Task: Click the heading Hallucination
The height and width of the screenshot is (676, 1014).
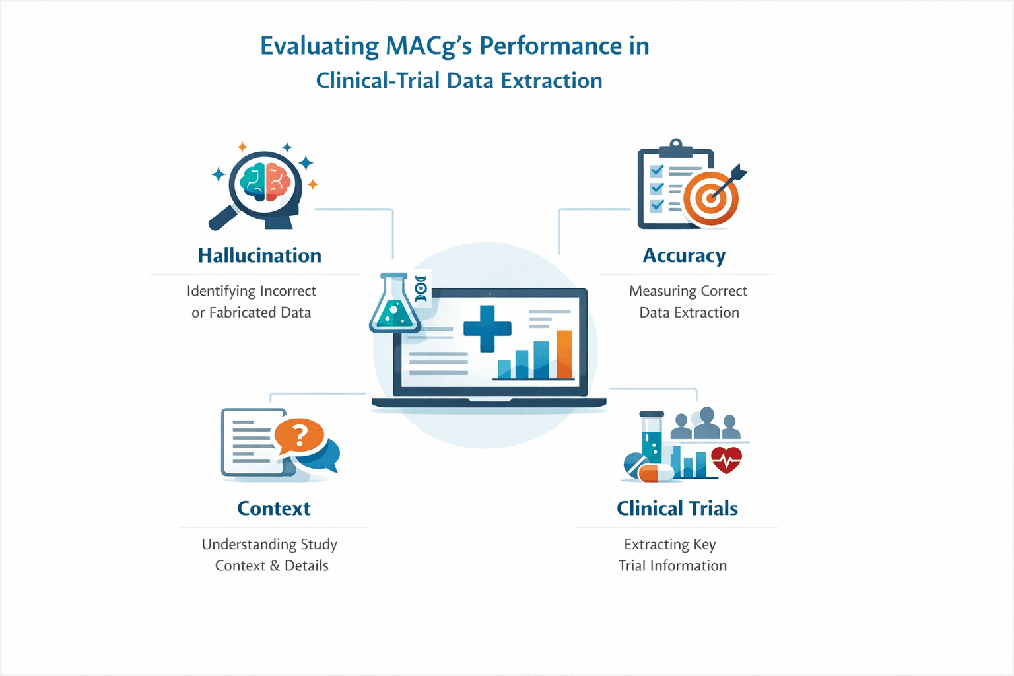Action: point(259,255)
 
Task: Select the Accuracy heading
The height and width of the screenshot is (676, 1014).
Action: point(684,255)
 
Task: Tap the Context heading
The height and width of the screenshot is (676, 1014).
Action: point(273,508)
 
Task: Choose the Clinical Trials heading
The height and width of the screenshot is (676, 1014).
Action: point(677,508)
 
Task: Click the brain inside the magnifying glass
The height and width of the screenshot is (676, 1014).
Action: point(265,182)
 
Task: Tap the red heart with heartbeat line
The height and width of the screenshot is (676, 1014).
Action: point(727,459)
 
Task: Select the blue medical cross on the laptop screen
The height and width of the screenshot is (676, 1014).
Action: point(487,328)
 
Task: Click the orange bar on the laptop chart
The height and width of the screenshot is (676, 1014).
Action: point(564,355)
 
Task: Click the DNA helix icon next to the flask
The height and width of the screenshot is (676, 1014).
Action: point(421,288)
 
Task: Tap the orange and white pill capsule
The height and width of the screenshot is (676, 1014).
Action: point(656,473)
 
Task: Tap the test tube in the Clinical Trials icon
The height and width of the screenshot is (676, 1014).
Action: point(652,439)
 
